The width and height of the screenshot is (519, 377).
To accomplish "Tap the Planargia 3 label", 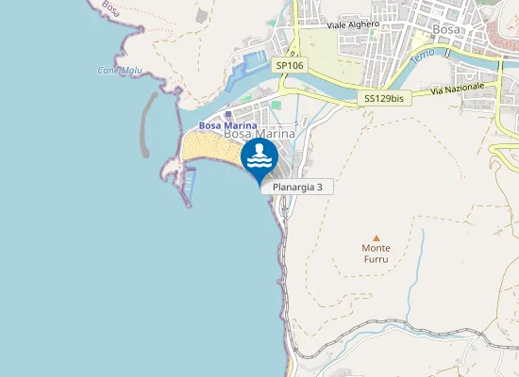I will [297, 188].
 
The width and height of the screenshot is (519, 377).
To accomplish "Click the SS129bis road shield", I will [385, 98].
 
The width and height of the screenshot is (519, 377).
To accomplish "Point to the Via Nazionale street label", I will [458, 88].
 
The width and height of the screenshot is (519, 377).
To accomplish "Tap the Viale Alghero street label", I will [353, 25].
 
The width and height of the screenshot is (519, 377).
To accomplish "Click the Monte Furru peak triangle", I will [377, 238].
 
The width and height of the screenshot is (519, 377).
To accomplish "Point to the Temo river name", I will [423, 57].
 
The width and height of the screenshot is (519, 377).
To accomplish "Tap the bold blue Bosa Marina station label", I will [227, 125].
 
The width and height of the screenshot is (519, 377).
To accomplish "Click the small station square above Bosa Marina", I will [228, 114].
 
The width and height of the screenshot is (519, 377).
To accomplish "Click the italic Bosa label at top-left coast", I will [111, 9].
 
